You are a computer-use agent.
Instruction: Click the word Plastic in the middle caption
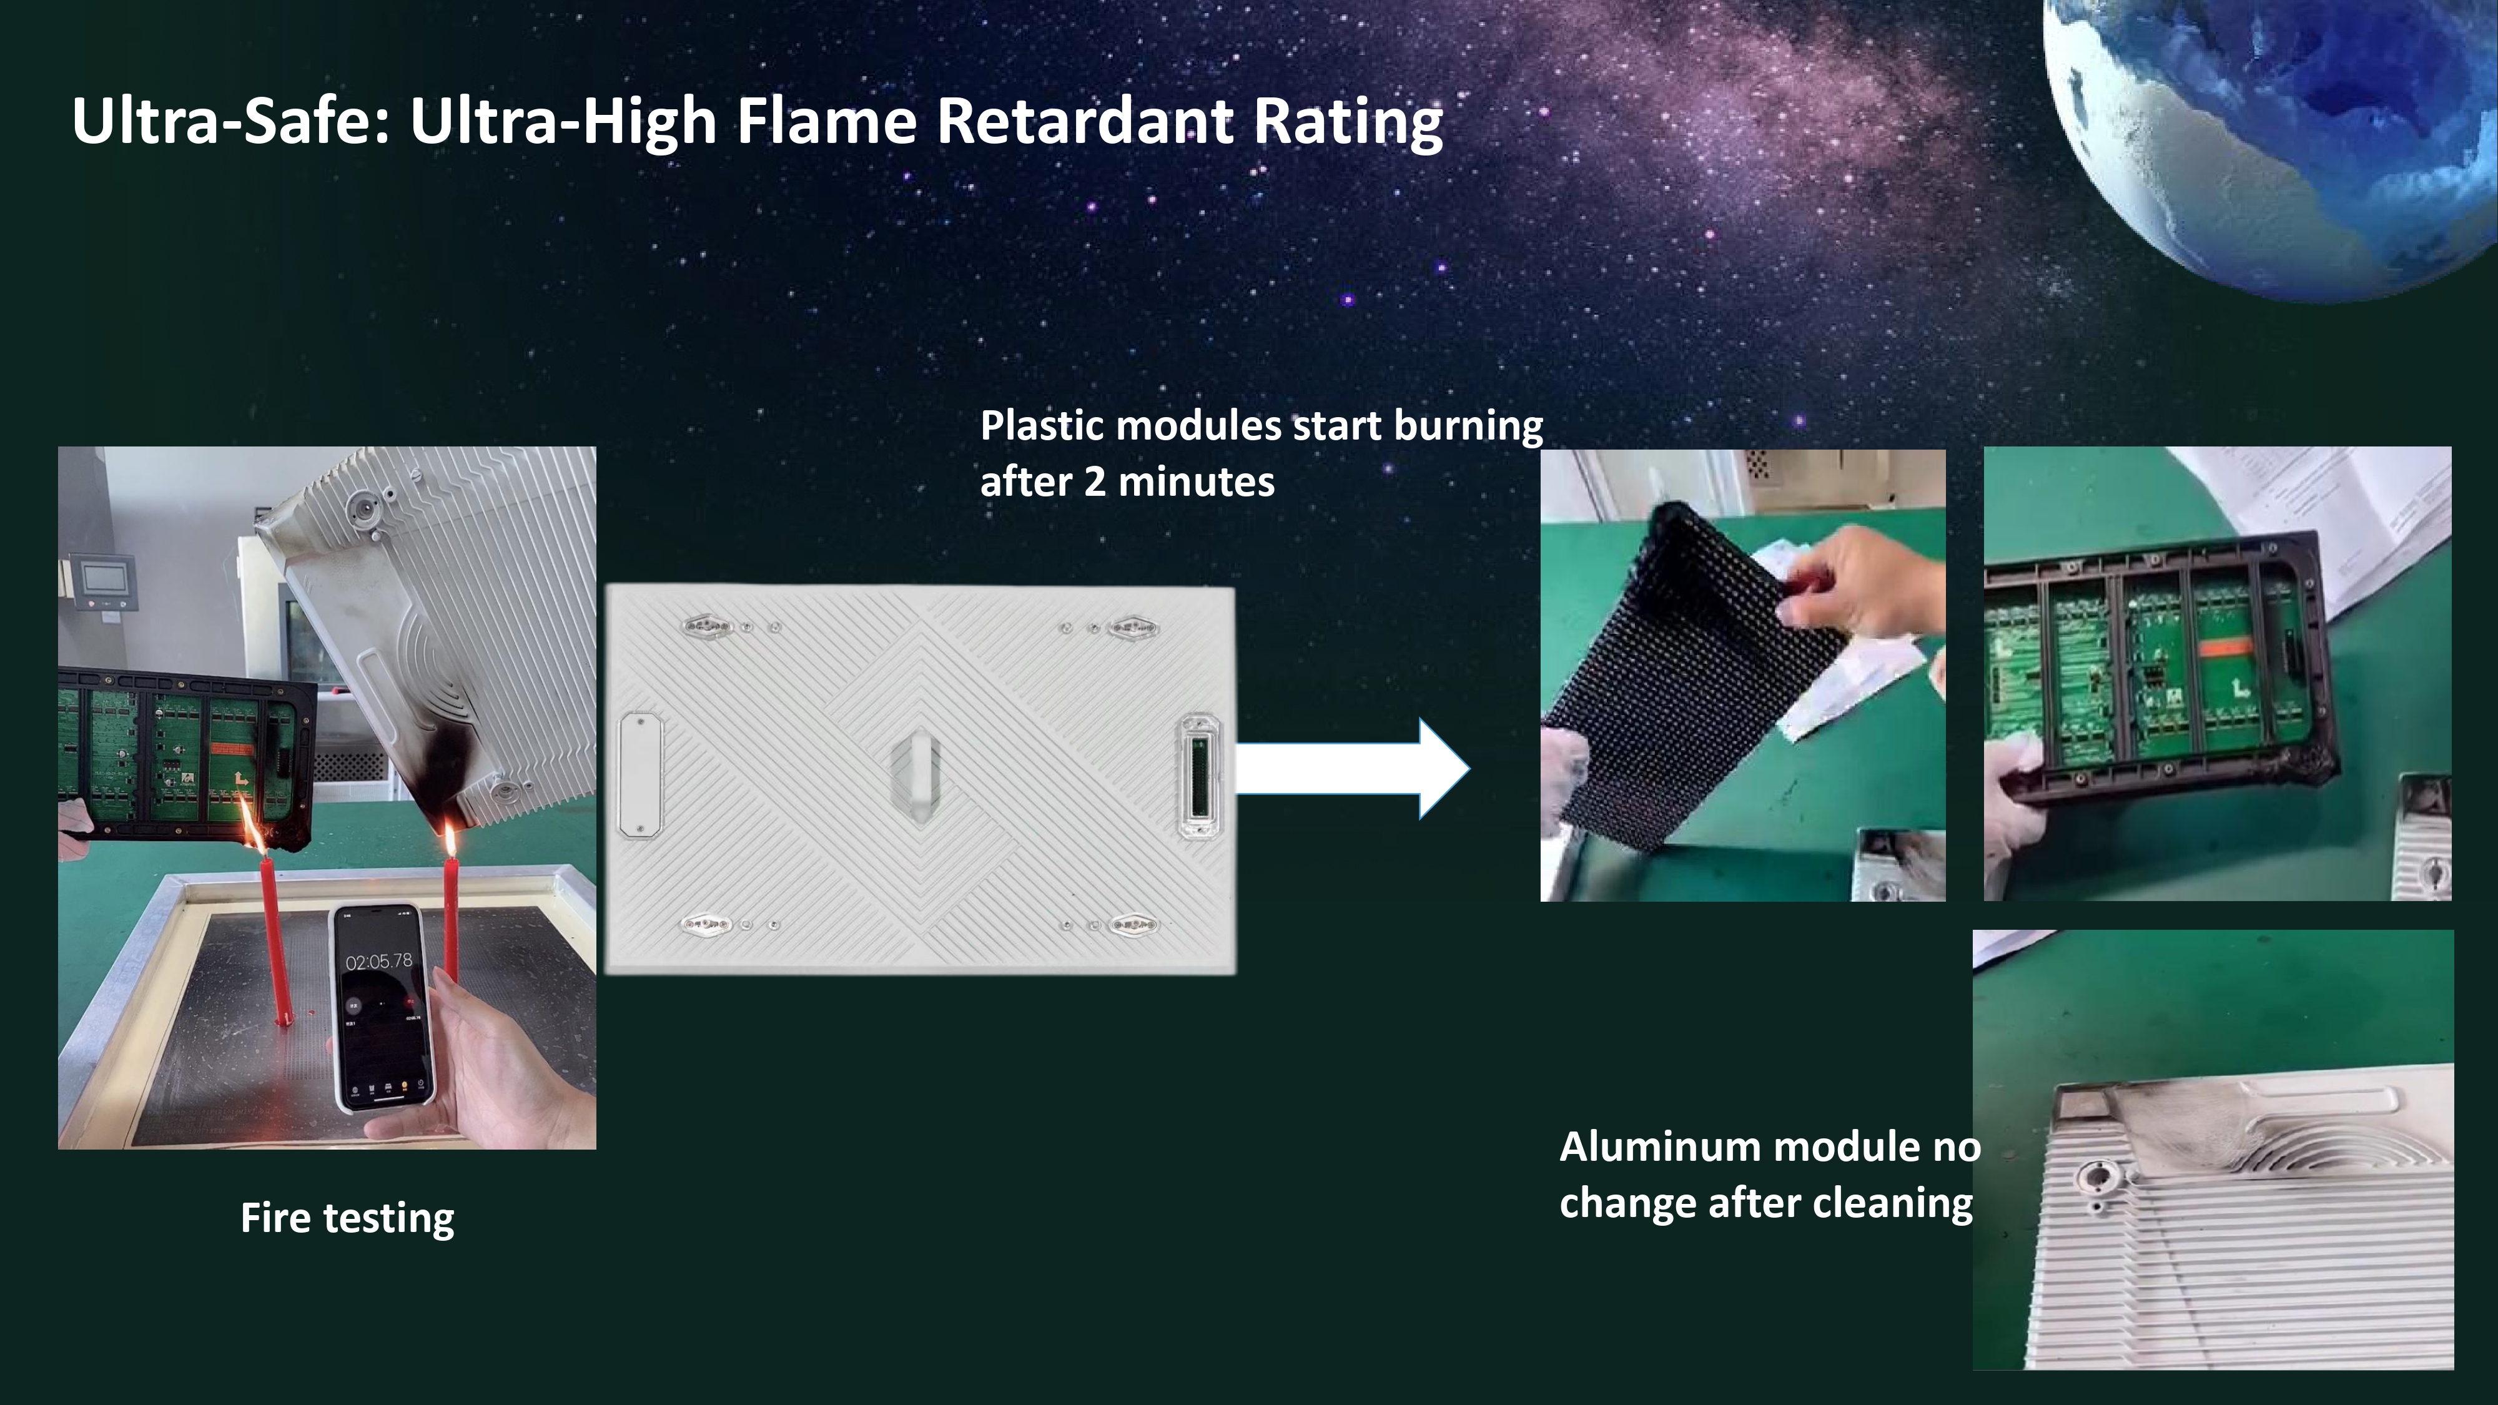click(x=1042, y=426)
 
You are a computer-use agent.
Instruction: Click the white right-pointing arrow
click(x=1353, y=769)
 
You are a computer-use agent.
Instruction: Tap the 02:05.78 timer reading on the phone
click(x=378, y=961)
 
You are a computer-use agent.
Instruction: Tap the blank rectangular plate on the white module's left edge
click(x=640, y=775)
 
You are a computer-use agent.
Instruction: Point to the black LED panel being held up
click(x=1697, y=679)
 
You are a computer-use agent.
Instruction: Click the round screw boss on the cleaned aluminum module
click(x=2098, y=1182)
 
